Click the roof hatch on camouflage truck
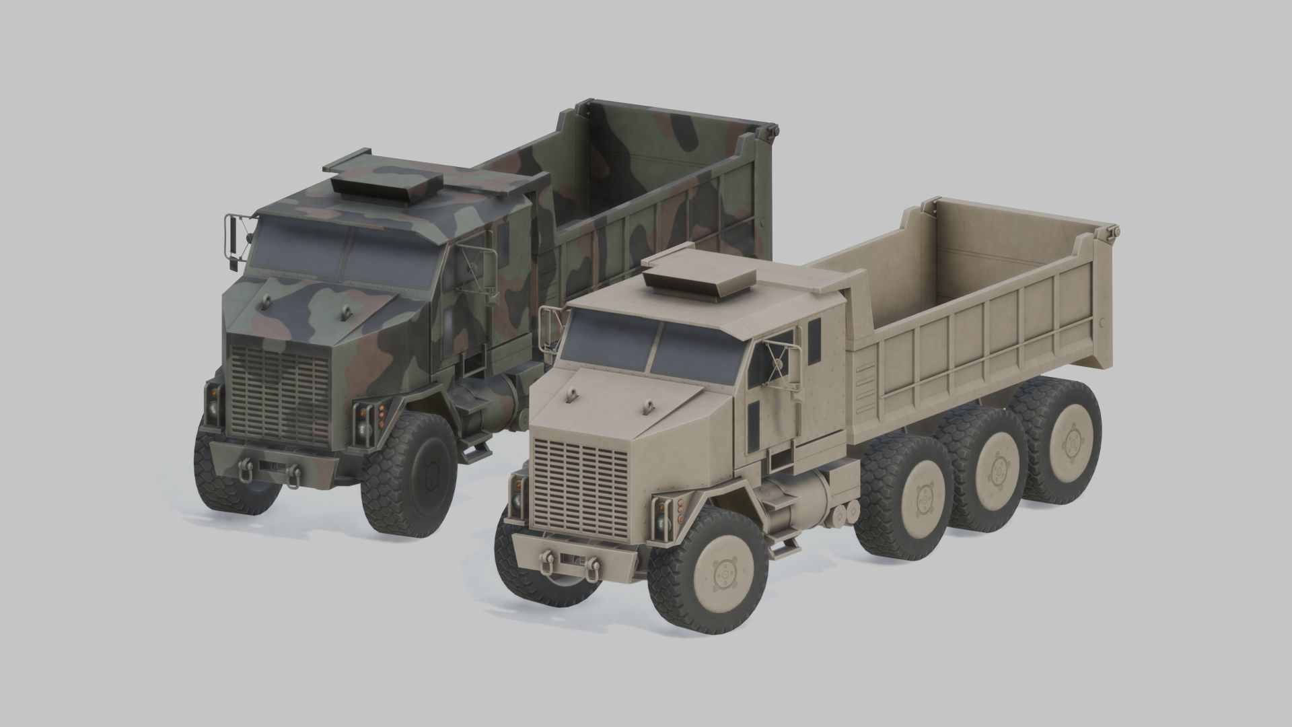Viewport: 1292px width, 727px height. click(386, 184)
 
